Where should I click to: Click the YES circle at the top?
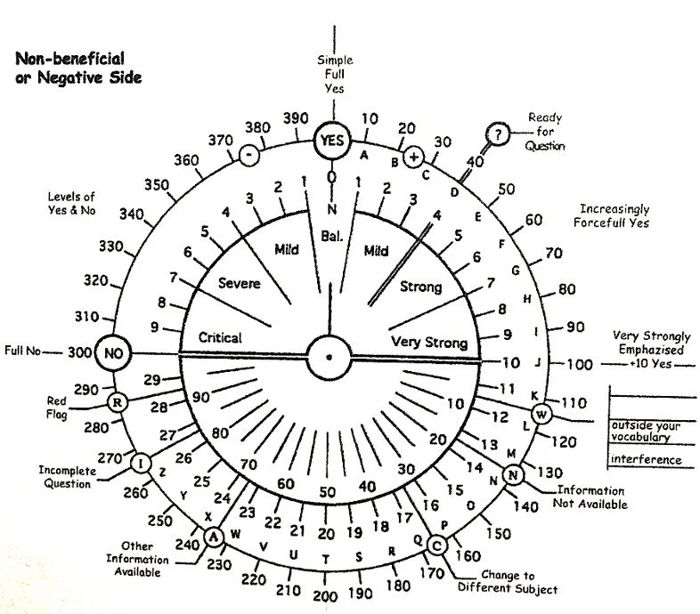332,140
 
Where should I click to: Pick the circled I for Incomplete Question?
140,464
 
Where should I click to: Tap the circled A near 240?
213,537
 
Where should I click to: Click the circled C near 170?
436,545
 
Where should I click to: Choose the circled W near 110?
541,413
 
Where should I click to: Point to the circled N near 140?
512,475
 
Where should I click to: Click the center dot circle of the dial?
329,356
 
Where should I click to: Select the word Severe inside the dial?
239,283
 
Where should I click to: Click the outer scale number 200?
324,596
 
